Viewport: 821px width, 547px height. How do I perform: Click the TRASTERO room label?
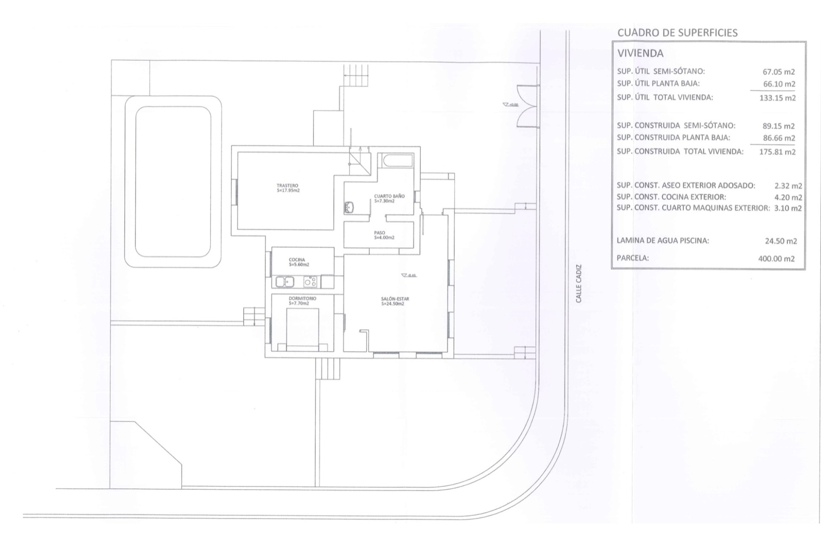288,188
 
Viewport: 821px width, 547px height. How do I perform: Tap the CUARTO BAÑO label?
389,198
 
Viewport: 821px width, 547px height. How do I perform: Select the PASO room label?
384,235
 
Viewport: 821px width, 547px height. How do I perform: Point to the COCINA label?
298,262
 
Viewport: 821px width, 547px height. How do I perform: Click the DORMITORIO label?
302,300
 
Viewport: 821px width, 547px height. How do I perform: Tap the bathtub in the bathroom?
397,161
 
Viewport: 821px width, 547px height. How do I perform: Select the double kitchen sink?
284,282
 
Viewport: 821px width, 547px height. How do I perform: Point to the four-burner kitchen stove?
310,282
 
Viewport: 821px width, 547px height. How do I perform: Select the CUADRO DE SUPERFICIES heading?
677,33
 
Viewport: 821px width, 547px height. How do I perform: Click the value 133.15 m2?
777,98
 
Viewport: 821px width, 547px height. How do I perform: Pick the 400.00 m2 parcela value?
776,259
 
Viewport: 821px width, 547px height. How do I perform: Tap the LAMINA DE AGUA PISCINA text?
662,241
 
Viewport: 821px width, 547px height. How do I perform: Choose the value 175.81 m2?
777,152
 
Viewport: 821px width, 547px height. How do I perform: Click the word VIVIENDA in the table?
640,54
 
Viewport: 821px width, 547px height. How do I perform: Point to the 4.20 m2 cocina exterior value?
788,197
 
